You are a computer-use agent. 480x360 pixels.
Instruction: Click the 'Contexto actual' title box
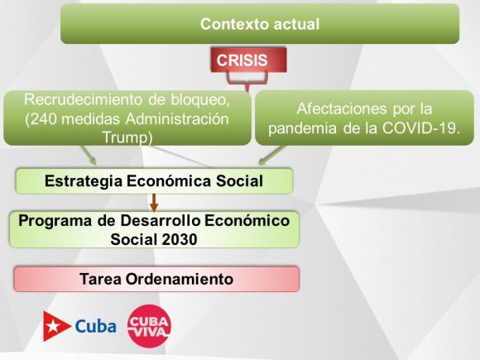tap(260, 24)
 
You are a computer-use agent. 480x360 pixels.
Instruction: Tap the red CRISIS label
tap(248, 60)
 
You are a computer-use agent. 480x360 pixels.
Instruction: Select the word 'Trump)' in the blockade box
tap(127, 137)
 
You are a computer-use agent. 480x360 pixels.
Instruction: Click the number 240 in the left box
tap(44, 119)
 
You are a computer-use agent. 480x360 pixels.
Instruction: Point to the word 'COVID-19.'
tap(421, 128)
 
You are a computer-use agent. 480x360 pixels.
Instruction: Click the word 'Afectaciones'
tap(342, 108)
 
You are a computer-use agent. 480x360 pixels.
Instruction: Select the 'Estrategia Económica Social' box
tap(154, 181)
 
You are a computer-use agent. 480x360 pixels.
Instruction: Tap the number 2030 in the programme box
tap(180, 239)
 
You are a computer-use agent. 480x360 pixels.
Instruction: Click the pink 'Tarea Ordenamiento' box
tap(156, 279)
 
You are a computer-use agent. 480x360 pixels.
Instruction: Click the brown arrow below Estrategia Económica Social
tap(154, 203)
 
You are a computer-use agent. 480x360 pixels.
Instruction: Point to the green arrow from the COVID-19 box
tap(272, 156)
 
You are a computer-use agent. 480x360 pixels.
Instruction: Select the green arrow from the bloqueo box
tap(89, 156)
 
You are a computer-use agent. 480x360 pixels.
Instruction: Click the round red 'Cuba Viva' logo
tap(149, 326)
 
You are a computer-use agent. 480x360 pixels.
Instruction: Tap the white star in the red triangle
tap(53, 326)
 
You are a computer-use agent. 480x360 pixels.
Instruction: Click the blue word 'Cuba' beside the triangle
tap(95, 326)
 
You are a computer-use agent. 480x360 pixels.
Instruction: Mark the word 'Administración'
tap(177, 119)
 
